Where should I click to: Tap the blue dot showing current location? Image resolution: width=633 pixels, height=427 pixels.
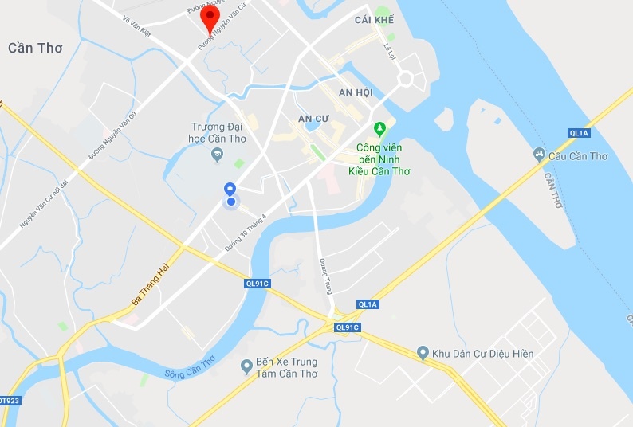231,202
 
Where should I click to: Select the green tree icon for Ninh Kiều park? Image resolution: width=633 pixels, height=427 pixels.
380,128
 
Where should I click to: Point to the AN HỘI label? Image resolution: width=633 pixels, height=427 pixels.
356,92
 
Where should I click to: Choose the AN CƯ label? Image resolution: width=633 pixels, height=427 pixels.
313,119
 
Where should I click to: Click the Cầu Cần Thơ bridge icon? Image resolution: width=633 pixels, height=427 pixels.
540,154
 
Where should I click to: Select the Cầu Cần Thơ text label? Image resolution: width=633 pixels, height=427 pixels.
578,156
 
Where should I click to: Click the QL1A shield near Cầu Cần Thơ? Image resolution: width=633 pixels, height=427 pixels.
579,132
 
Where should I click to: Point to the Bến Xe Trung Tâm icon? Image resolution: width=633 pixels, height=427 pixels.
247,366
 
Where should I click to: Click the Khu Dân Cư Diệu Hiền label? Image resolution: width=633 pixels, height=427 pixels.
482,353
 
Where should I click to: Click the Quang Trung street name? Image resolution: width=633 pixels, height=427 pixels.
325,276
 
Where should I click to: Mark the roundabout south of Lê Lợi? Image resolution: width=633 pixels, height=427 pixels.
406,78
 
